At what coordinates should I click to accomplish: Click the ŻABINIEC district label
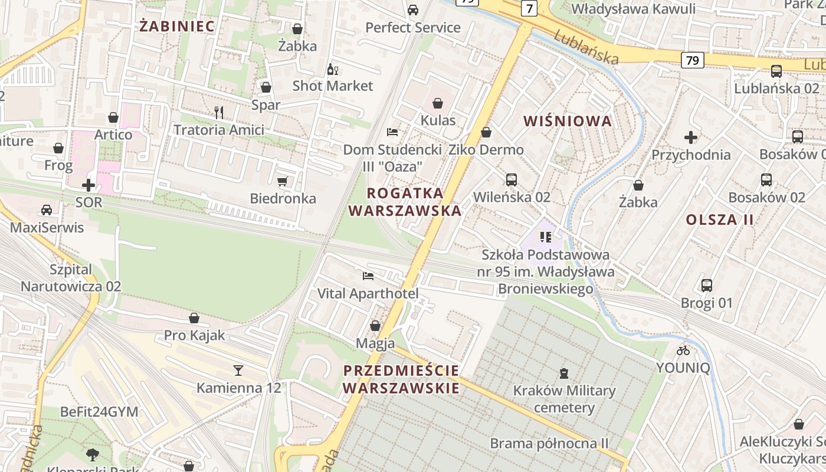pos(177,26)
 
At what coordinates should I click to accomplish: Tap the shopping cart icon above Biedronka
pos(283,181)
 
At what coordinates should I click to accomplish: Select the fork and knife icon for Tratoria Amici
pos(219,112)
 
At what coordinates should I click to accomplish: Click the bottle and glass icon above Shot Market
pos(332,69)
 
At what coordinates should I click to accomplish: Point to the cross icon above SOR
pos(88,185)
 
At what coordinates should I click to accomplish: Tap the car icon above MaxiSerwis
pos(47,210)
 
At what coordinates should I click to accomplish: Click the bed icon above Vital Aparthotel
pos(368,276)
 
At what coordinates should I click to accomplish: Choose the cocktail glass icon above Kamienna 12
pos(238,370)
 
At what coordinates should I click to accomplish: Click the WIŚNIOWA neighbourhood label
pos(568,122)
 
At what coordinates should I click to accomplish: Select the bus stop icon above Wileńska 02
pos(512,179)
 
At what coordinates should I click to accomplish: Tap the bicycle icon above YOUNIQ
pos(683,350)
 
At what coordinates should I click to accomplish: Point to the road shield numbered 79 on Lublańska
pos(693,60)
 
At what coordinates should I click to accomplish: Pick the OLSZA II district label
pos(720,220)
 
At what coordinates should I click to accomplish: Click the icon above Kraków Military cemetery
pos(564,373)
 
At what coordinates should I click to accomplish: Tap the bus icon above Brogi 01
pos(706,286)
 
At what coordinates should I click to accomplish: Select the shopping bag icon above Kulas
pos(438,103)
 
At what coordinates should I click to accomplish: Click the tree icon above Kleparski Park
pos(92,454)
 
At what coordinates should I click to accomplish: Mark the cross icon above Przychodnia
pos(691,137)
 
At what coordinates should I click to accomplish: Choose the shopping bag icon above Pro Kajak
pos(194,318)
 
